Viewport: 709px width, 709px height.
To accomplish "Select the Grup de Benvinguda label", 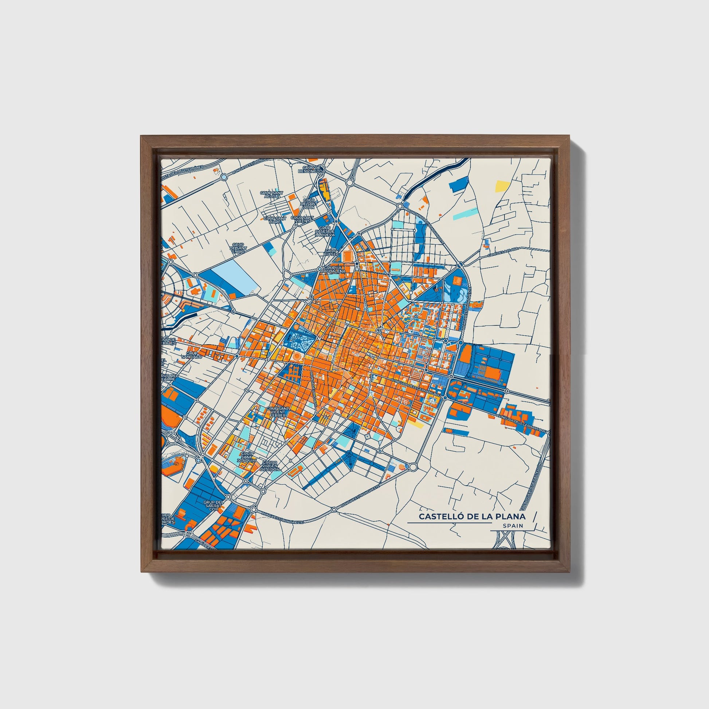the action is click(311, 169).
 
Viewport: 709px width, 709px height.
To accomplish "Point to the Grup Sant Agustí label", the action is click(271, 194).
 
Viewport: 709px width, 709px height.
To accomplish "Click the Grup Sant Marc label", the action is click(275, 220).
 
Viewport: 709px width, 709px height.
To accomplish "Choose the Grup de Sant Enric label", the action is click(238, 246).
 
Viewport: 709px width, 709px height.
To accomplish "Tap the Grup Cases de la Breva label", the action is click(325, 232).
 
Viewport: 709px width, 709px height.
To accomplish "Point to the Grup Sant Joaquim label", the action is click(246, 457).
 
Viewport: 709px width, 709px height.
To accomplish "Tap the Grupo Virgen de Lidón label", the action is click(270, 466).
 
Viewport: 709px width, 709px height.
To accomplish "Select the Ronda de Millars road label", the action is click(313, 389).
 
